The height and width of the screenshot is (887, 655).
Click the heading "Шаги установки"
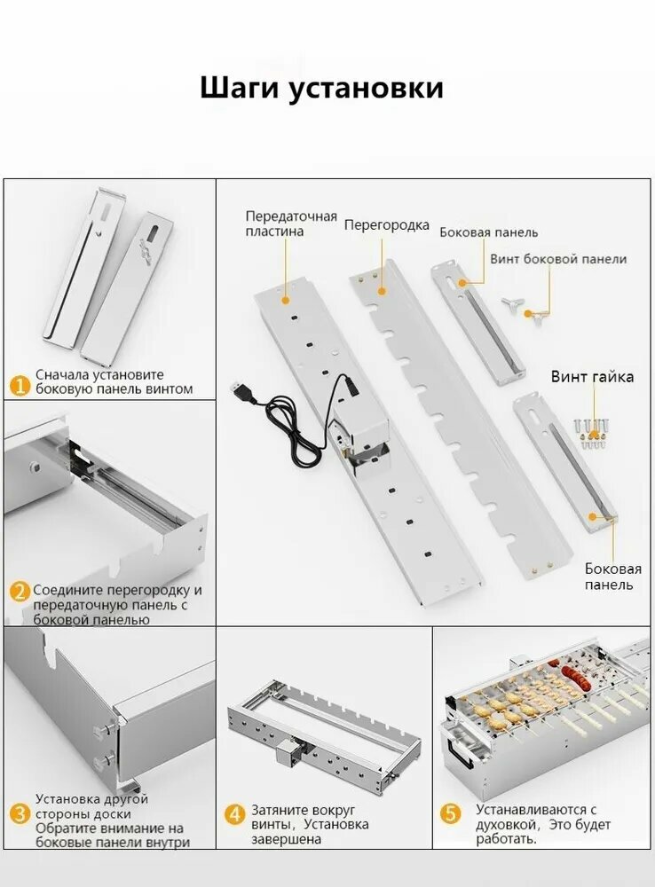321,89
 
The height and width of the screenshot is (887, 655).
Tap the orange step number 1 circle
20,385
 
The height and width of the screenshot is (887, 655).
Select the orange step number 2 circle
20,592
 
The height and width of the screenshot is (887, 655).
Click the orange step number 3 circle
20,813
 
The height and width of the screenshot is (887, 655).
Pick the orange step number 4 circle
234,813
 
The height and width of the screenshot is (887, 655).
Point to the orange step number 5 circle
453,813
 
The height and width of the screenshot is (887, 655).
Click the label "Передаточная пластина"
291,224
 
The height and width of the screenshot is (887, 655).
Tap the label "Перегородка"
387,225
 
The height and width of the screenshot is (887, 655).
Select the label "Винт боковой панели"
558,259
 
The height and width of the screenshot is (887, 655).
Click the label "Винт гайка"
592,377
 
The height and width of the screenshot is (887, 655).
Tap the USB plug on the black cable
241,390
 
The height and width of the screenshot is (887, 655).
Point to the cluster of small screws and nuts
592,432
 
